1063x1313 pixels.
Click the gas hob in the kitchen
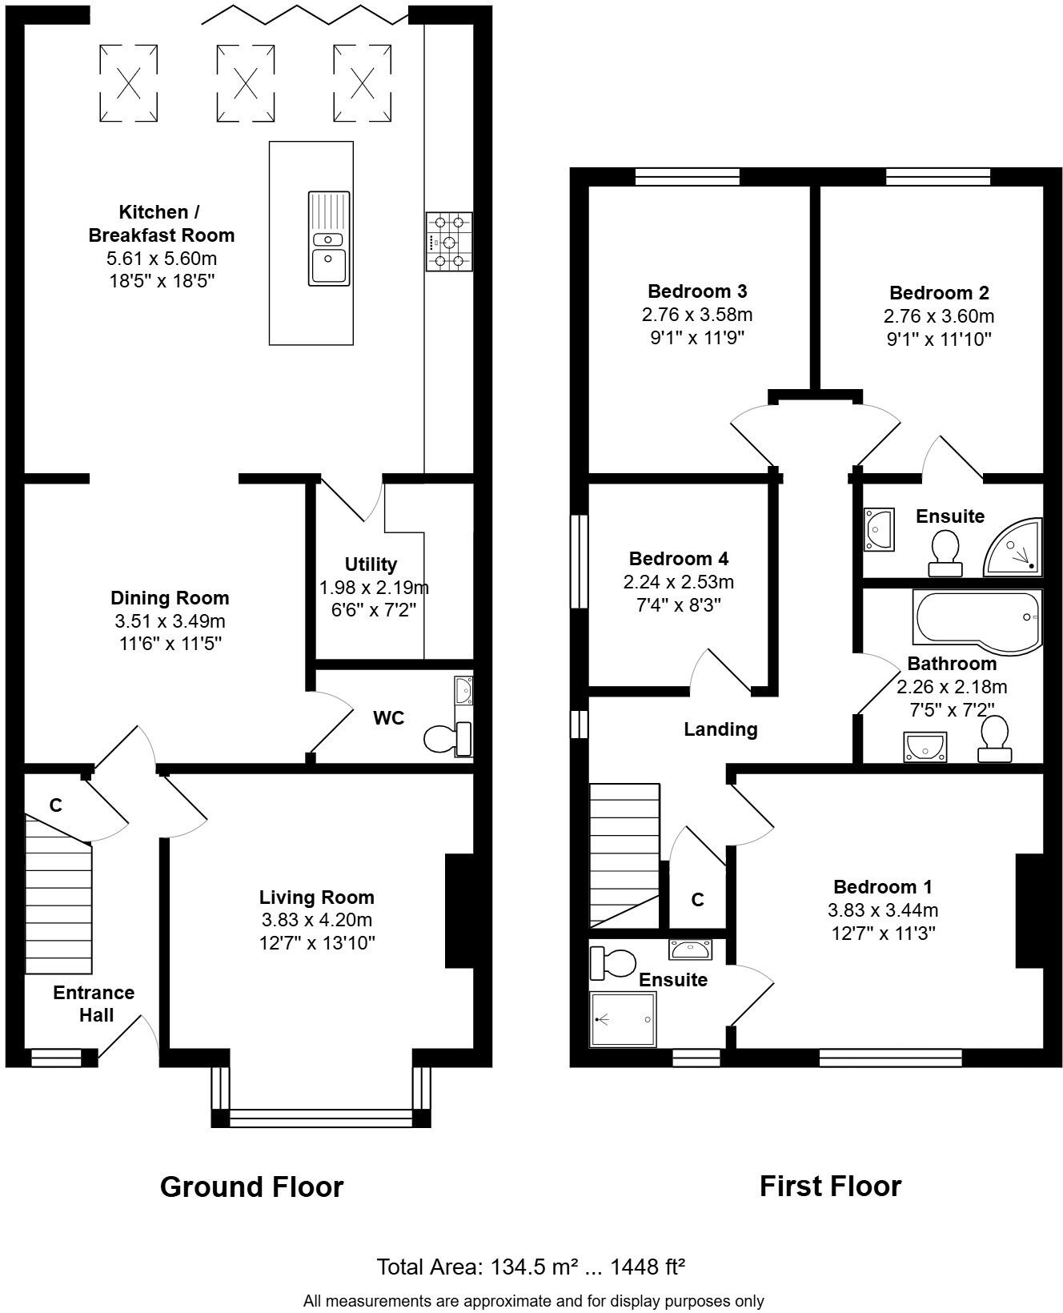449,241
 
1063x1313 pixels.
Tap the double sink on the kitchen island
329,239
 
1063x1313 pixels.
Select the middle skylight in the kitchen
246,82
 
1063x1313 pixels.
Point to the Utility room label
371,564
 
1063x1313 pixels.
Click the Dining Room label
170,598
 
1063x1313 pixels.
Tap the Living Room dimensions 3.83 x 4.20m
317,920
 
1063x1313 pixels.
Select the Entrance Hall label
94,1004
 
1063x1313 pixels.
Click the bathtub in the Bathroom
977,616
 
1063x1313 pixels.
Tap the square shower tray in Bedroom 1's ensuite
623,1019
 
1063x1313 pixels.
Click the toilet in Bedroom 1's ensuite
612,962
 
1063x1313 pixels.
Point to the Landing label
720,729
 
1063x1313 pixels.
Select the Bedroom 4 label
679,559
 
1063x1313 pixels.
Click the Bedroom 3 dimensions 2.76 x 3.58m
697,315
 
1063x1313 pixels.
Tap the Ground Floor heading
251,1187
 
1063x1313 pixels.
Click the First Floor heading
830,1187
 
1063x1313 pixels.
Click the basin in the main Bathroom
925,746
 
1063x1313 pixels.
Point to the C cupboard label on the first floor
697,900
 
